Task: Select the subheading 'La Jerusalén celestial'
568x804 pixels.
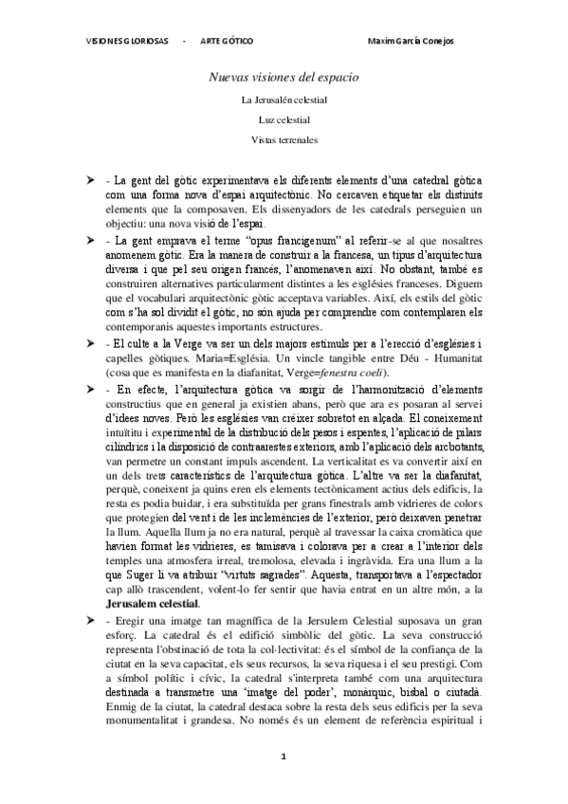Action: tap(284, 99)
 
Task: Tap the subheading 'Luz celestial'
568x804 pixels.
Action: tap(284, 119)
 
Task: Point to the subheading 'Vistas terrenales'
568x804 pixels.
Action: tap(284, 140)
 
